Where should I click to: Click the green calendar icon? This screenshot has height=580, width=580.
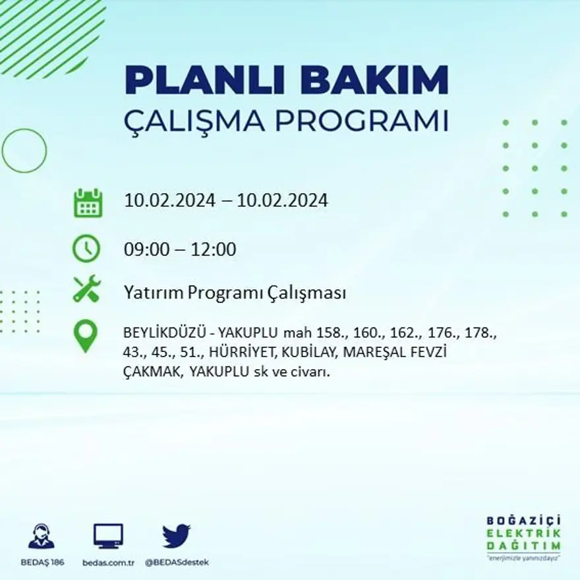coord(87,203)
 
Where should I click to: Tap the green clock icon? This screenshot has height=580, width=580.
coord(86,249)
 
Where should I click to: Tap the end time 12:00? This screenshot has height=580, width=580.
coord(214,250)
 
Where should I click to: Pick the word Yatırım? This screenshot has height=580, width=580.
coord(153,293)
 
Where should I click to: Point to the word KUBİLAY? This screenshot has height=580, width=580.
coord(314,353)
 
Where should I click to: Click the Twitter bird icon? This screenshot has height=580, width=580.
coord(176,535)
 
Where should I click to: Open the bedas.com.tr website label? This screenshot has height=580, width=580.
coord(109,562)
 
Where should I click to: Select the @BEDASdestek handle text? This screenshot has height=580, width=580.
coord(176,562)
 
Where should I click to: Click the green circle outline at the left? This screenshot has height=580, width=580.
coord(24,151)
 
